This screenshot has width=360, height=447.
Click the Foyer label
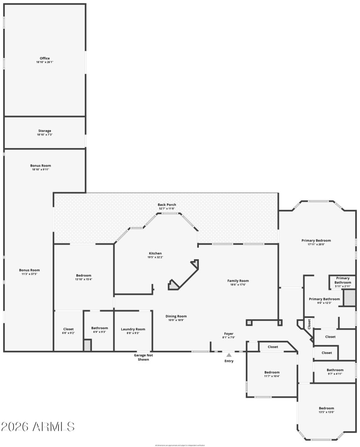229,335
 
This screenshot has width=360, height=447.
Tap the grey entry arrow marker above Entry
229,355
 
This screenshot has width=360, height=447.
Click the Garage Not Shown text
143,357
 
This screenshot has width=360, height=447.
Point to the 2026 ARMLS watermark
38,426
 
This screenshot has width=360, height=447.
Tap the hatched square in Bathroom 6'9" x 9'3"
87,345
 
